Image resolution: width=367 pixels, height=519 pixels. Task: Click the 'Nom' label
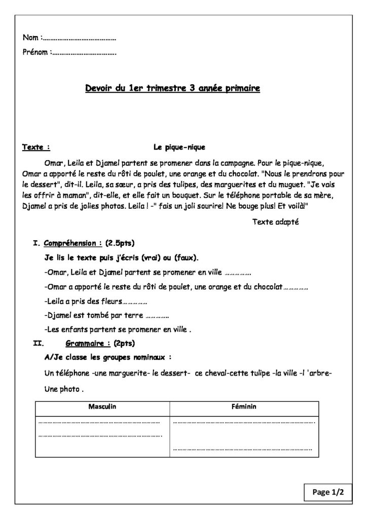pyautogui.click(x=31, y=38)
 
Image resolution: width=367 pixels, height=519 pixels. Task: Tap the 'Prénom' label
pyautogui.click(x=36, y=52)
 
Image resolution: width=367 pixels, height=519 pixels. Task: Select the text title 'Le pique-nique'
pyautogui.click(x=179, y=147)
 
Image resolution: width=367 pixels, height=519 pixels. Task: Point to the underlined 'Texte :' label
pyautogui.click(x=36, y=147)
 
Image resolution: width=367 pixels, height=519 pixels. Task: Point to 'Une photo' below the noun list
pyautogui.click(x=63, y=390)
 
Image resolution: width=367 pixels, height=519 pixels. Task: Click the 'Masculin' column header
pyautogui.click(x=102, y=407)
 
